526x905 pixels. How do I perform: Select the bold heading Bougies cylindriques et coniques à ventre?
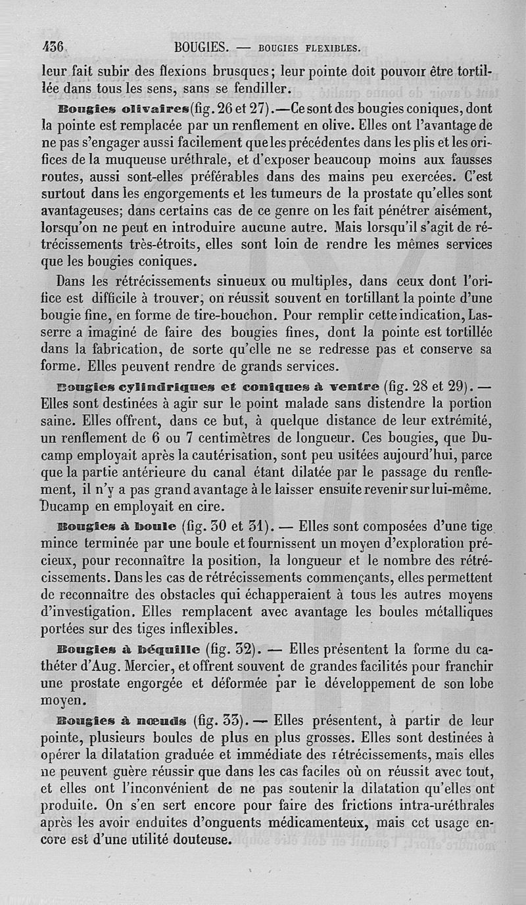pyautogui.click(x=177, y=385)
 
